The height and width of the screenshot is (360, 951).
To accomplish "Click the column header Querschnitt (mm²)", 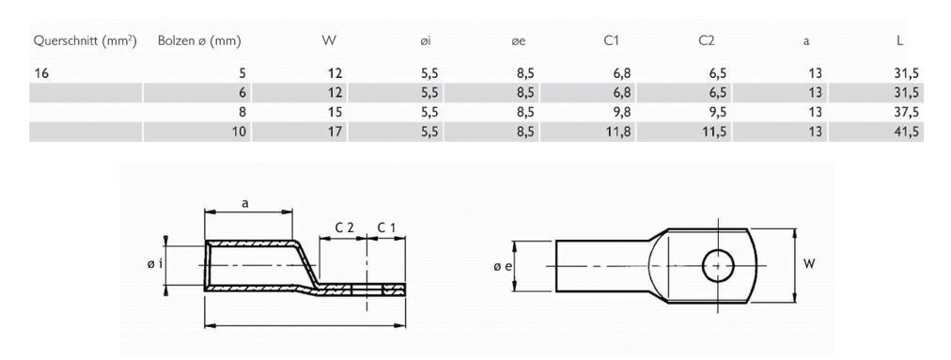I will pos(86,41).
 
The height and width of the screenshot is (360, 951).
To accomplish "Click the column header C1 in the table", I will pos(612,41).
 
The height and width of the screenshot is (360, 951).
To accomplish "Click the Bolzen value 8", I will pos(242,112).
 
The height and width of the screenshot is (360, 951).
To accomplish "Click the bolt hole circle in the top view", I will pos(719,266).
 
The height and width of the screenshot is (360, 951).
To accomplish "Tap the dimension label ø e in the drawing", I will pos(502,268).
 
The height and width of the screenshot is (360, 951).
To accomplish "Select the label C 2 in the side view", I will pos(345,227).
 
